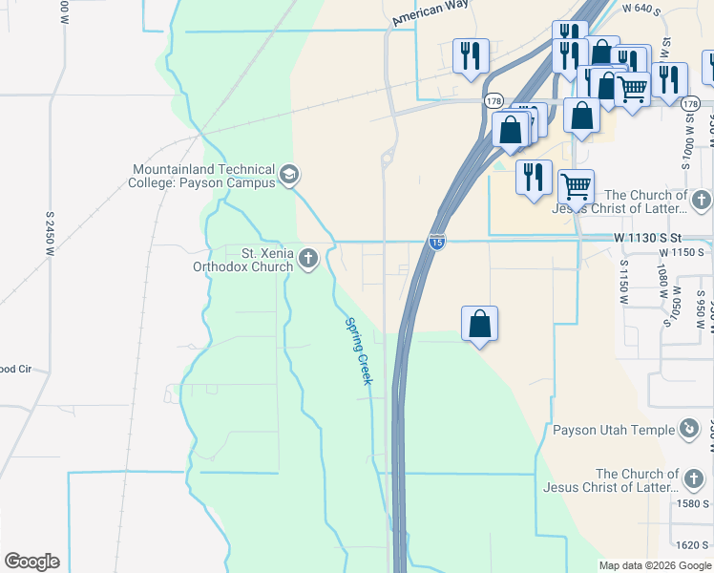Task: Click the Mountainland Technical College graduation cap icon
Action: click(x=289, y=176)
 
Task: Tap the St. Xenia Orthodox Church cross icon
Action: click(x=308, y=258)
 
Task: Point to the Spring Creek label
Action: click(x=357, y=350)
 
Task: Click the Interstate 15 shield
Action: click(x=436, y=243)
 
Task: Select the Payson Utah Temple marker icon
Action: click(x=689, y=429)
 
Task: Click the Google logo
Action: click(x=31, y=562)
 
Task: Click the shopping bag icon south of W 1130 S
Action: click(x=479, y=324)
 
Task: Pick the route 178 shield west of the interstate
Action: click(x=493, y=100)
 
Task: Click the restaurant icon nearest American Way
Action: click(x=470, y=56)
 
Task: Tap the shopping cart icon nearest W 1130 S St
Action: click(x=575, y=186)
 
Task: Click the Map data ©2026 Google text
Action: click(x=655, y=565)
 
